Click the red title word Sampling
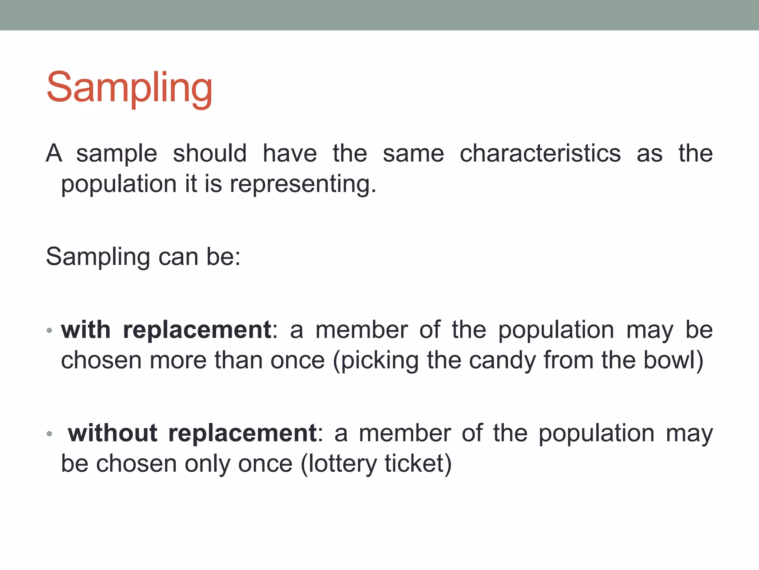[x=129, y=88]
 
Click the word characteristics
[x=540, y=153]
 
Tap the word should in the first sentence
[x=210, y=153]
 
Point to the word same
[x=413, y=153]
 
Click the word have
[x=290, y=153]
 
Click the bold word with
[x=86, y=330]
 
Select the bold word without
[x=113, y=433]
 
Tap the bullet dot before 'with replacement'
[x=50, y=330]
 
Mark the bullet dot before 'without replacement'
[x=50, y=433]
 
